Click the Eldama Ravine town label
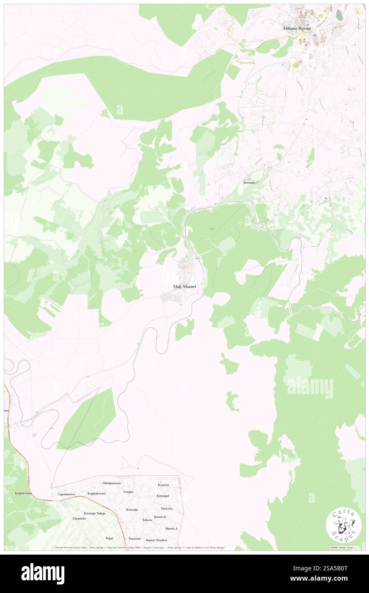(297, 29)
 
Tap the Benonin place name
(249, 183)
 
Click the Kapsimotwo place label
(66, 494)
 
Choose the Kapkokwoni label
(96, 494)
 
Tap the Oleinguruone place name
(112, 483)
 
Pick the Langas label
(128, 491)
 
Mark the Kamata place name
(163, 485)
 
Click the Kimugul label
(163, 496)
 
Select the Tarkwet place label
(167, 509)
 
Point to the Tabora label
(147, 520)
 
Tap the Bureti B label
(160, 517)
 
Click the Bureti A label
(171, 529)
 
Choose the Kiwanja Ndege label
(95, 513)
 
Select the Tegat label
(110, 538)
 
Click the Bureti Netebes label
(156, 540)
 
